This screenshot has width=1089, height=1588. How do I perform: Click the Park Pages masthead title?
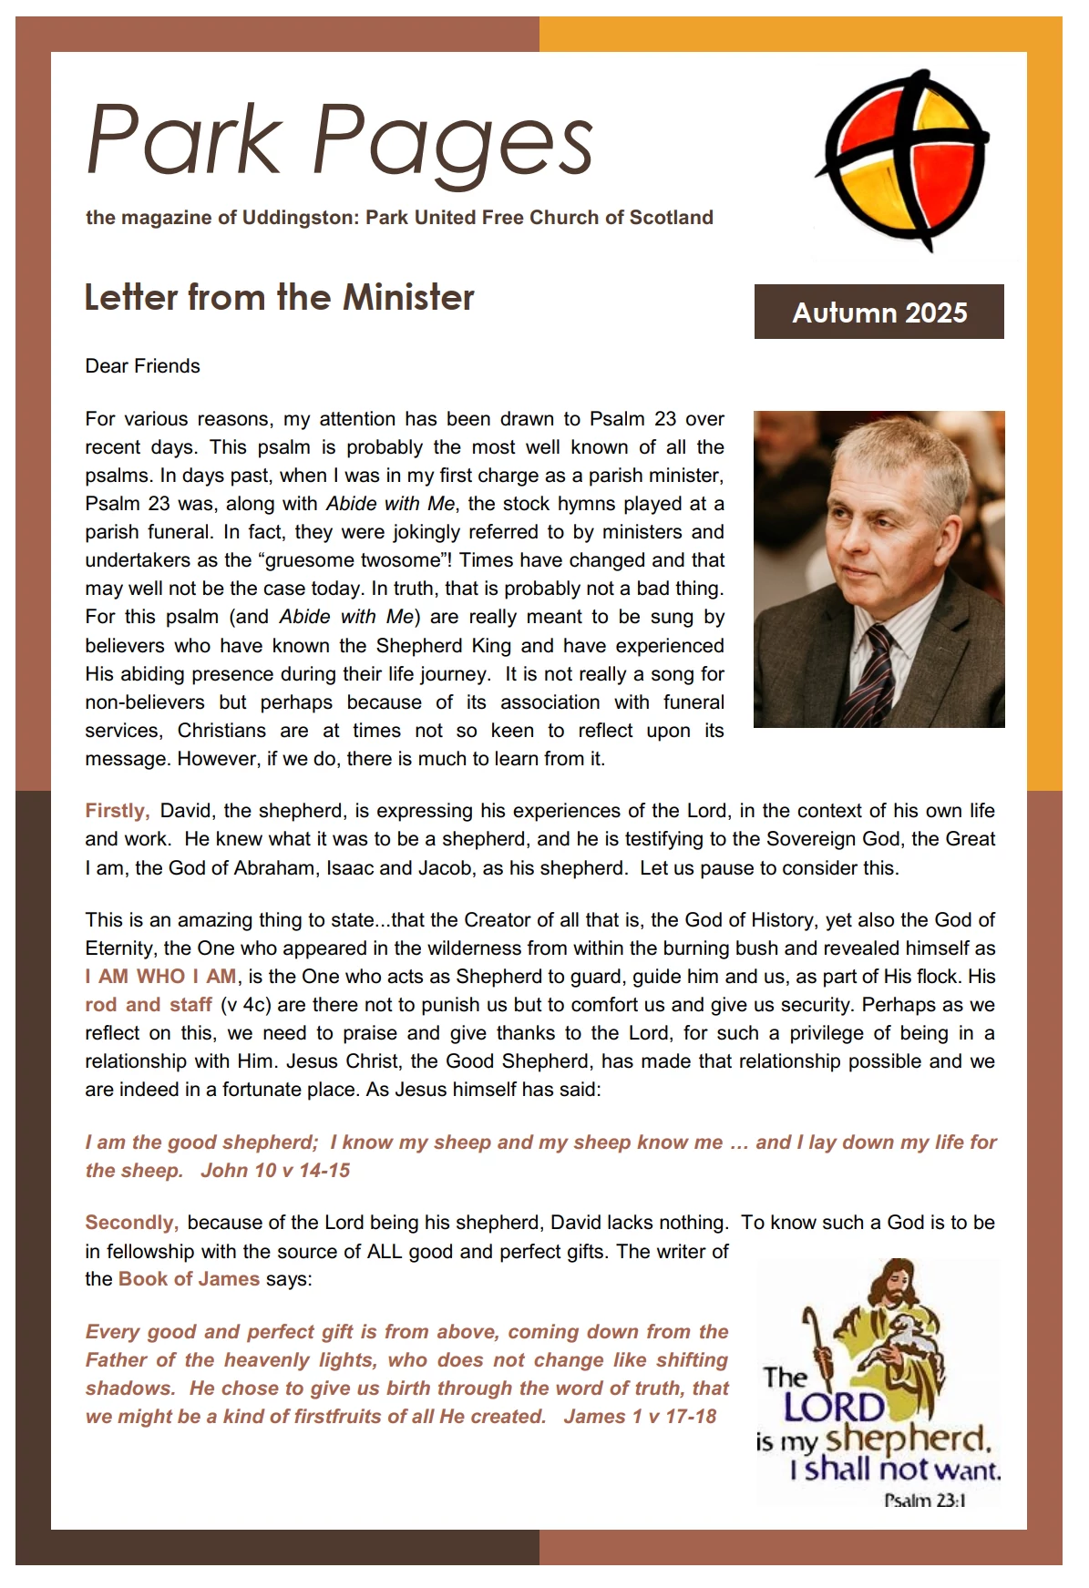point(339,141)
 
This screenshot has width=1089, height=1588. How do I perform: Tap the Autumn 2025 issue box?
point(878,312)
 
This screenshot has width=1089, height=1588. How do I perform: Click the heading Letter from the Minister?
point(279,298)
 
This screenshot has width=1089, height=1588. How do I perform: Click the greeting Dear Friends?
point(142,366)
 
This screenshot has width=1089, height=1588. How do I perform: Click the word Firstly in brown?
point(117,811)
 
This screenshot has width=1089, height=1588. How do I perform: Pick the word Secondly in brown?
point(131,1223)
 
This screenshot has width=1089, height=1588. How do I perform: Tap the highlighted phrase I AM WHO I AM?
point(161,977)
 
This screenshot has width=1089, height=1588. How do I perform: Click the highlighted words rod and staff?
point(149,1005)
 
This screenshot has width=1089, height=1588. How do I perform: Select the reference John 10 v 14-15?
point(275,1171)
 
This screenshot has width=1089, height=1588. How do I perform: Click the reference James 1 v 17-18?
point(640,1417)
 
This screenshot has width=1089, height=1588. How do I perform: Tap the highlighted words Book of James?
point(189,1279)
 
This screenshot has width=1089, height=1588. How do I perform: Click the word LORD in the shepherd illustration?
point(834,1409)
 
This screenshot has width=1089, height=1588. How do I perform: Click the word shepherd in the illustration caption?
point(906,1440)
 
